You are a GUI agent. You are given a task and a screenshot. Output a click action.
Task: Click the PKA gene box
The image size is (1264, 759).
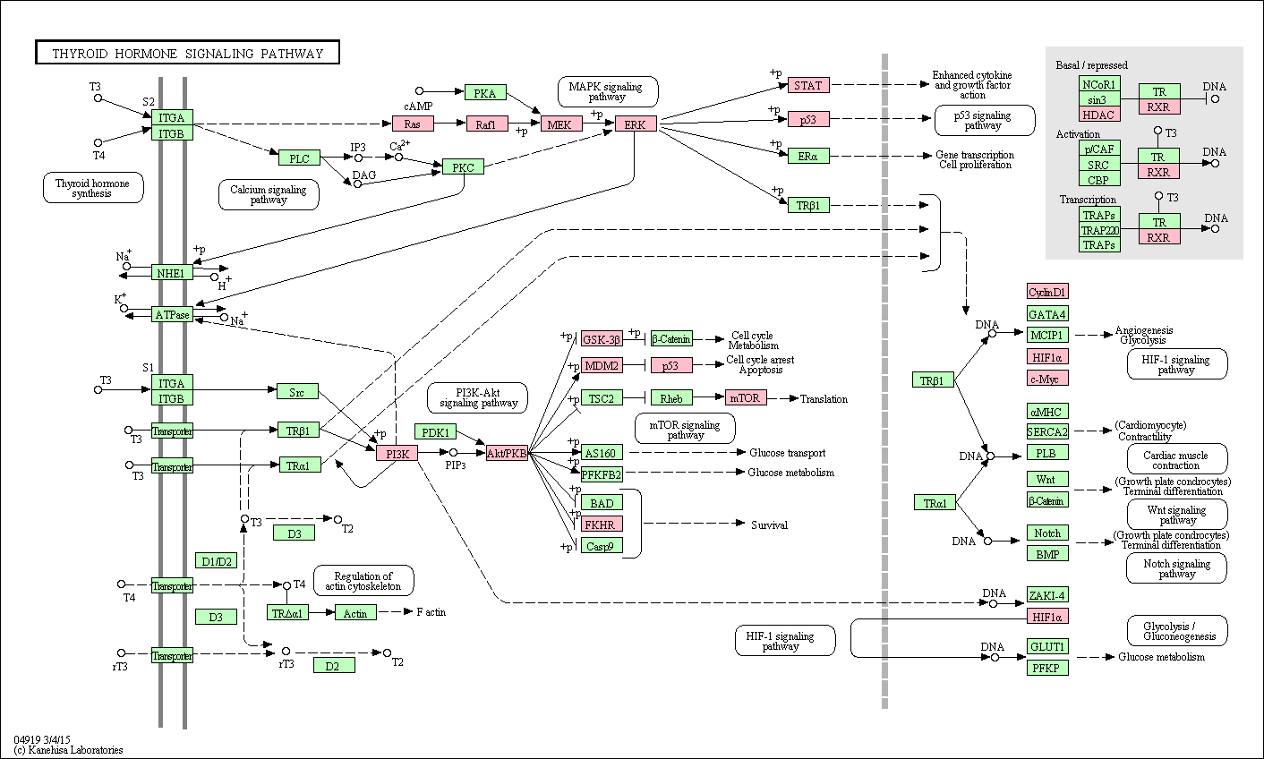485,92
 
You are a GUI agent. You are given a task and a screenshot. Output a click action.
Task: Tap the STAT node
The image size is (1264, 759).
808,85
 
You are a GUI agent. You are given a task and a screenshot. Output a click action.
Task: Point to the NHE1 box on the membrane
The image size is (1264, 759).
172,273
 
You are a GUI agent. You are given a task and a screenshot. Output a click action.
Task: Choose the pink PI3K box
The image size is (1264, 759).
397,453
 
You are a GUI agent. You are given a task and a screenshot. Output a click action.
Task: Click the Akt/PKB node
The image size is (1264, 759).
507,453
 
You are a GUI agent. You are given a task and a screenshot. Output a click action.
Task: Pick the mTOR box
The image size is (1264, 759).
746,397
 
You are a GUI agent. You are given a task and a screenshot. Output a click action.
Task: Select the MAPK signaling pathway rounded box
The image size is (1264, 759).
608,91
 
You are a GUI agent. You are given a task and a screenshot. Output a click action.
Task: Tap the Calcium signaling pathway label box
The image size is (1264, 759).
269,195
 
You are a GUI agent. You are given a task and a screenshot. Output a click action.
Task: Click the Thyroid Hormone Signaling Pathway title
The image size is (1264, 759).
187,53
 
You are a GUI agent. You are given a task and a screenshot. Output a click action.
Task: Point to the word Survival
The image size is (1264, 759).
769,524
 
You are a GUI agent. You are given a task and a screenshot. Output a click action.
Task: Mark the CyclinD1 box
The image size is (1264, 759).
1047,292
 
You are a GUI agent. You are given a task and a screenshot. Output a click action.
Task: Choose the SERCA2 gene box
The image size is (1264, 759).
1047,431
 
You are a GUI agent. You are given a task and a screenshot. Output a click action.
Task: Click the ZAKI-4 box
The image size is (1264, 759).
1047,595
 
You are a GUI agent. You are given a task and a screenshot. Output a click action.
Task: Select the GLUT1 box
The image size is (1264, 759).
1047,646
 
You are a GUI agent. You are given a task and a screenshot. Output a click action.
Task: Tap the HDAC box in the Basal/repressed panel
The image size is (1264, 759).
1098,115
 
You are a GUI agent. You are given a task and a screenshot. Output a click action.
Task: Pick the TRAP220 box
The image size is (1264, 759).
1099,230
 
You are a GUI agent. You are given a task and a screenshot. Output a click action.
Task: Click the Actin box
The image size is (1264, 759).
355,613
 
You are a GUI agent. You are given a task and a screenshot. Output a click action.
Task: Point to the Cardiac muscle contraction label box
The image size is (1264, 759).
1176,460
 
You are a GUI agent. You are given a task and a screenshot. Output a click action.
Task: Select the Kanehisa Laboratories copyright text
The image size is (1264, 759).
68,750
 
